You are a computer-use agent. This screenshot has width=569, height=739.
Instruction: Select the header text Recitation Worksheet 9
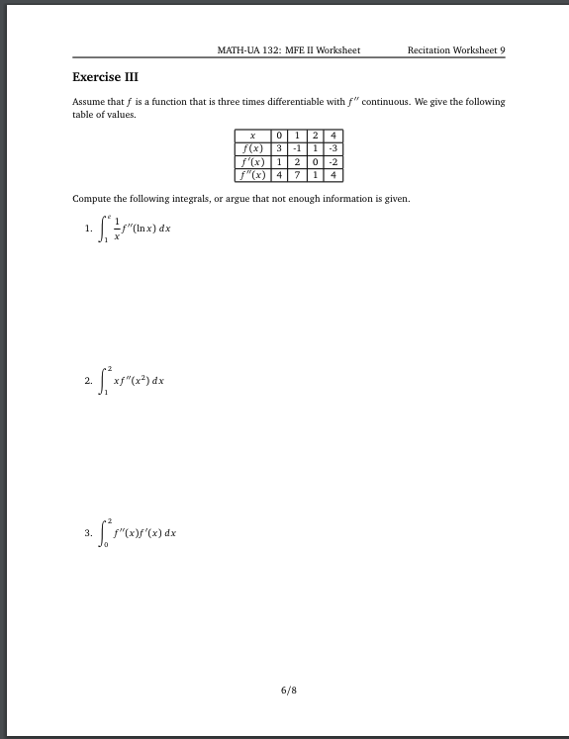pyautogui.click(x=455, y=50)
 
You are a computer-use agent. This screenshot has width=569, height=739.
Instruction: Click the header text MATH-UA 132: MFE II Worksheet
pyautogui.click(x=288, y=50)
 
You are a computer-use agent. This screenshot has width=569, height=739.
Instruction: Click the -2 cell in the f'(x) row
pyautogui.click(x=333, y=161)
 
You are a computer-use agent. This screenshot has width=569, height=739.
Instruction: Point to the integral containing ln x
pyautogui.click(x=135, y=231)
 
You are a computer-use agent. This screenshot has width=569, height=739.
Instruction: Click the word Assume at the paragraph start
pyautogui.click(x=89, y=102)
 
